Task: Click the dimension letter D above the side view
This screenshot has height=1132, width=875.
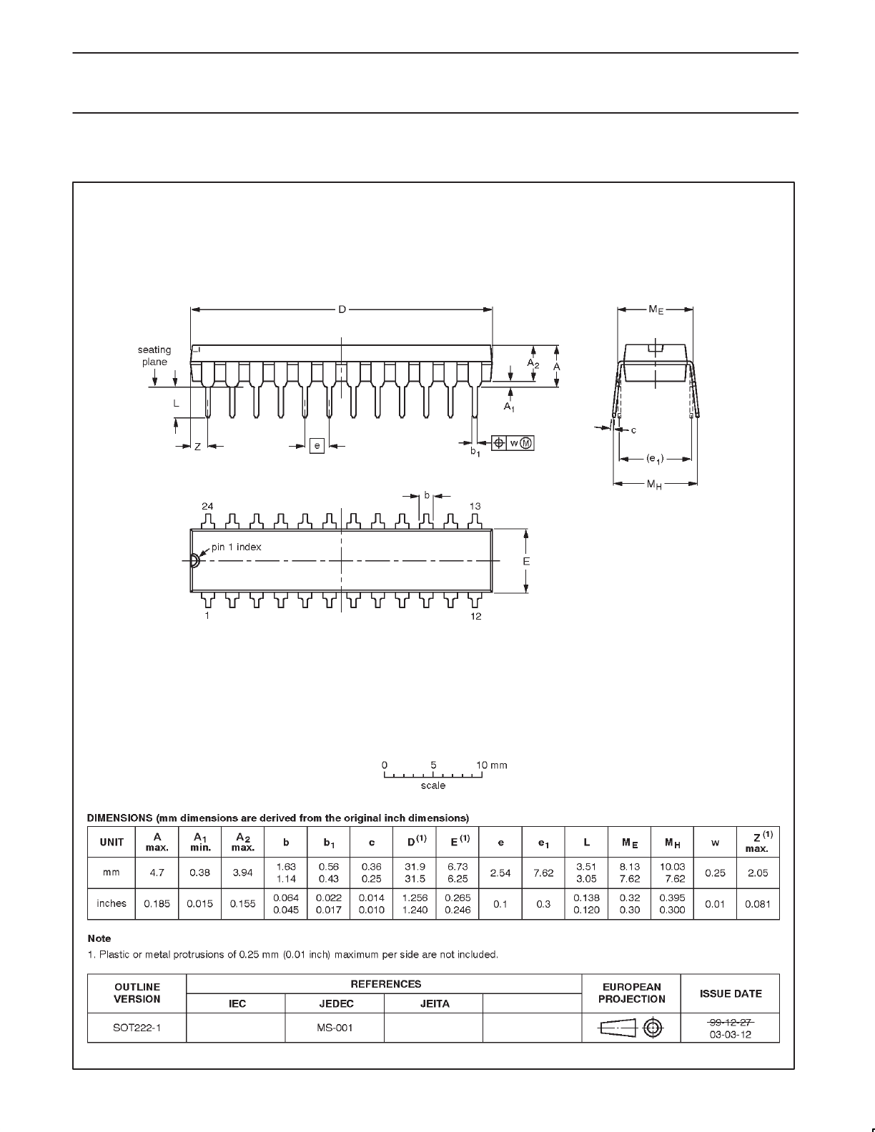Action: coord(342,309)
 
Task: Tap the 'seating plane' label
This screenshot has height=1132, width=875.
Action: coord(154,356)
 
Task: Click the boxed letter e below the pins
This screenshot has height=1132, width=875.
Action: coord(317,446)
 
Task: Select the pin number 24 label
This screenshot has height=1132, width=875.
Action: coord(207,506)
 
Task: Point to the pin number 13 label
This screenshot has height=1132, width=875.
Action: coord(475,506)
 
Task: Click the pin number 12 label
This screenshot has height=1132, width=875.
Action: coord(476,616)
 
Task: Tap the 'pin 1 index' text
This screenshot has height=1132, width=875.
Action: coord(237,547)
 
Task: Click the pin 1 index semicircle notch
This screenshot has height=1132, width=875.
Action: coord(194,560)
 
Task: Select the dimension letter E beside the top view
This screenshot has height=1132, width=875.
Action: coord(526,562)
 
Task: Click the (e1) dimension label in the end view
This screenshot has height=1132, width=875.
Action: coord(655,459)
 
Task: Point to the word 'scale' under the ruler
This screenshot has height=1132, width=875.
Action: coord(433,785)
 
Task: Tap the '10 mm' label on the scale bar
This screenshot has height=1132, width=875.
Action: coord(492,765)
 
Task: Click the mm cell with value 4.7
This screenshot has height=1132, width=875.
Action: coord(157,873)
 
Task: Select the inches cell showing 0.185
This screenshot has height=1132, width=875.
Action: coord(157,903)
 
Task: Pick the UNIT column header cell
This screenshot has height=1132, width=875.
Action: coord(112,842)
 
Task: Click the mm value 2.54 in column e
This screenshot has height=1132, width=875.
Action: coord(500,873)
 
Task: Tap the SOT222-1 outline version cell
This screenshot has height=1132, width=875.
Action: coord(137,1028)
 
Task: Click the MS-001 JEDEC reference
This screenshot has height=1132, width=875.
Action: coord(335,1028)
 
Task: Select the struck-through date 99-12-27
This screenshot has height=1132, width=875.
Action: coord(731,1022)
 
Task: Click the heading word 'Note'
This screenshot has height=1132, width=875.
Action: coord(99,938)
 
